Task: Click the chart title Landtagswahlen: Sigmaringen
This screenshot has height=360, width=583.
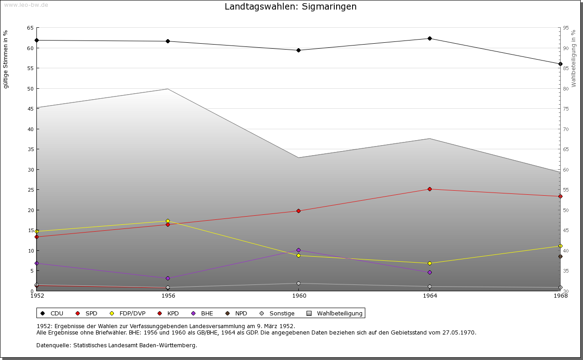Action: click(x=291, y=7)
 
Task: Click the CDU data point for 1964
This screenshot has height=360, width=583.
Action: click(x=430, y=38)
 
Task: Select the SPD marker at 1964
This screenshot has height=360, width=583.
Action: click(x=430, y=189)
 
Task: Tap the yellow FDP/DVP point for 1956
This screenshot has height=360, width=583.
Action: click(x=168, y=221)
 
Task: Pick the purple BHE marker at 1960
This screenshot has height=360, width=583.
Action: click(x=298, y=250)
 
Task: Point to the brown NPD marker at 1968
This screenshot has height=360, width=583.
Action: click(x=560, y=256)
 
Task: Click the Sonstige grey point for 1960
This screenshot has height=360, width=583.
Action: click(x=298, y=283)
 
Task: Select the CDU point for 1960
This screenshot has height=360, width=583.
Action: click(x=298, y=50)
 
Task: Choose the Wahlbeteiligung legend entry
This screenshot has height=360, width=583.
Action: click(x=339, y=313)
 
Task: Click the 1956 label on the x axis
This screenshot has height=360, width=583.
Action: click(x=168, y=296)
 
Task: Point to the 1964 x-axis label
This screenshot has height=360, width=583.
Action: click(x=430, y=296)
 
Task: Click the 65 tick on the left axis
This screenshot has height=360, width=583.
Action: click(x=30, y=28)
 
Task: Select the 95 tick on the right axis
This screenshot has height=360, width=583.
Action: click(x=566, y=28)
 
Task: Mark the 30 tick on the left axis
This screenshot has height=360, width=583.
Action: click(x=30, y=169)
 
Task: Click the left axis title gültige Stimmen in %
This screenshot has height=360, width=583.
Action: click(x=5, y=59)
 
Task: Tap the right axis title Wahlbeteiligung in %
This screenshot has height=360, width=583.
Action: click(x=573, y=58)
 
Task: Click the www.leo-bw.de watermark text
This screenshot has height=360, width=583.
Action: click(x=26, y=5)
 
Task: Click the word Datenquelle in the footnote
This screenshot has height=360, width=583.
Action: click(x=52, y=345)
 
